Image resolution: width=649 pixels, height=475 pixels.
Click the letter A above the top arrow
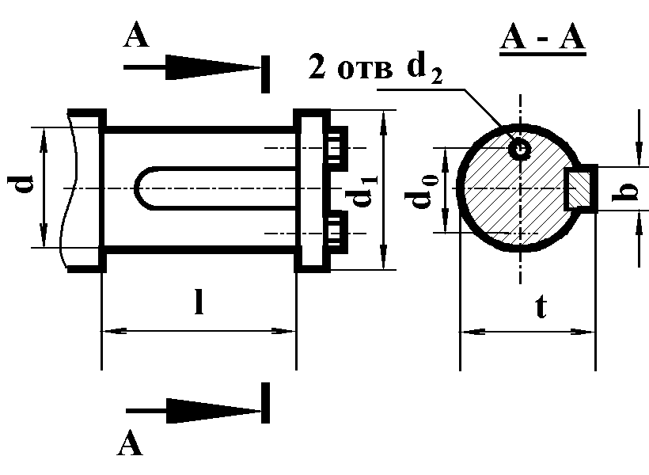(x=136, y=35)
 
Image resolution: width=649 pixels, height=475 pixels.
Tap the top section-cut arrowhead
(x=212, y=67)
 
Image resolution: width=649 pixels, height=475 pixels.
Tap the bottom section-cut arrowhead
(x=213, y=411)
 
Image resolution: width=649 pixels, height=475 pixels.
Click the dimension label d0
(x=421, y=192)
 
